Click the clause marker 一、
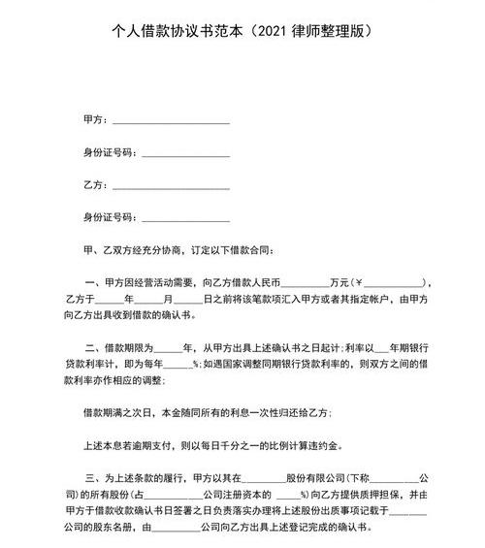coord(92,282)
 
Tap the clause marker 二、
coord(92,346)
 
